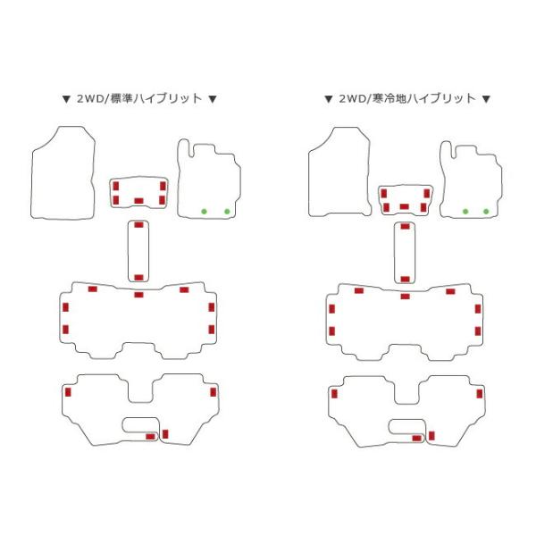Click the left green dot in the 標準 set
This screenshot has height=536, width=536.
(x=204, y=212)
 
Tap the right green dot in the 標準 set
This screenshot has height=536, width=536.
(x=227, y=212)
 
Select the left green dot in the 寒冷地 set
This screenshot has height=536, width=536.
(x=465, y=212)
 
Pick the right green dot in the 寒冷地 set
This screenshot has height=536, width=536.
(x=486, y=212)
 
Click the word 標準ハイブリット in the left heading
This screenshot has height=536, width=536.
(x=157, y=99)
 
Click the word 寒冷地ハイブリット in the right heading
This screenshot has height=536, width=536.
(x=424, y=99)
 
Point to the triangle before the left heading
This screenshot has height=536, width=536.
(x=66, y=99)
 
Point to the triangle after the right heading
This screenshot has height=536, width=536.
(x=486, y=99)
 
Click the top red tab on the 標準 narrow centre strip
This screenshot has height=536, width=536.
(x=138, y=224)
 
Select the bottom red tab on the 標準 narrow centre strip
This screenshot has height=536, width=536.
(x=138, y=277)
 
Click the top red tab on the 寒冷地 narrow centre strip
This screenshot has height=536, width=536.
(x=405, y=226)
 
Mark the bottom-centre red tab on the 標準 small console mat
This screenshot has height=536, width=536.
(x=138, y=201)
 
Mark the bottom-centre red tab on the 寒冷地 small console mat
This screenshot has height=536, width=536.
(x=405, y=206)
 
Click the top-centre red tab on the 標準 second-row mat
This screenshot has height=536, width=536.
(x=138, y=295)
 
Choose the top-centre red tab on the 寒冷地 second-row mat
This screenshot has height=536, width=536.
(x=405, y=296)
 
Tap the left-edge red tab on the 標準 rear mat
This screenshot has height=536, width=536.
(x=68, y=392)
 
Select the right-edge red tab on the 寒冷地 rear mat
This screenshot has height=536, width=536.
(x=480, y=393)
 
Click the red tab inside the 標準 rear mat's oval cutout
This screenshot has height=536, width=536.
(x=150, y=437)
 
